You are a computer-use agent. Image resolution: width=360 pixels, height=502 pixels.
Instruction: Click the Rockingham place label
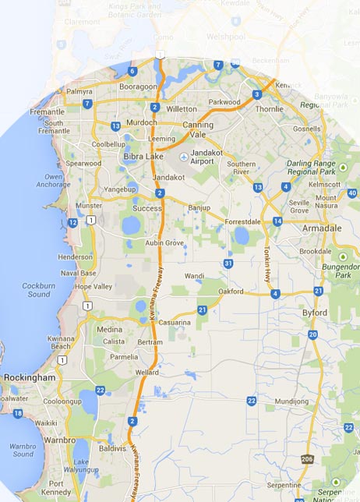point(30,377)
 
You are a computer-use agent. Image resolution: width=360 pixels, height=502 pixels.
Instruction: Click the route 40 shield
point(352,193)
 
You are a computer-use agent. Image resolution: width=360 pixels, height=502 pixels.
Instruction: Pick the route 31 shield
point(228,264)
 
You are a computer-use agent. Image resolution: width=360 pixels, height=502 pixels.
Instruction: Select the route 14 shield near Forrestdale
point(277,221)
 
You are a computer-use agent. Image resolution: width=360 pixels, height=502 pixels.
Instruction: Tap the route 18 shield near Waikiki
point(18,413)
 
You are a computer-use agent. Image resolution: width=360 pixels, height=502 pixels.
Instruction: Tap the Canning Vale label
point(197,129)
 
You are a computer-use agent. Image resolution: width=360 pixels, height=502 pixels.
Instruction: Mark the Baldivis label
point(113,448)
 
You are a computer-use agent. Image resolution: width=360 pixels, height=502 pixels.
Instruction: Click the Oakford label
point(231,292)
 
